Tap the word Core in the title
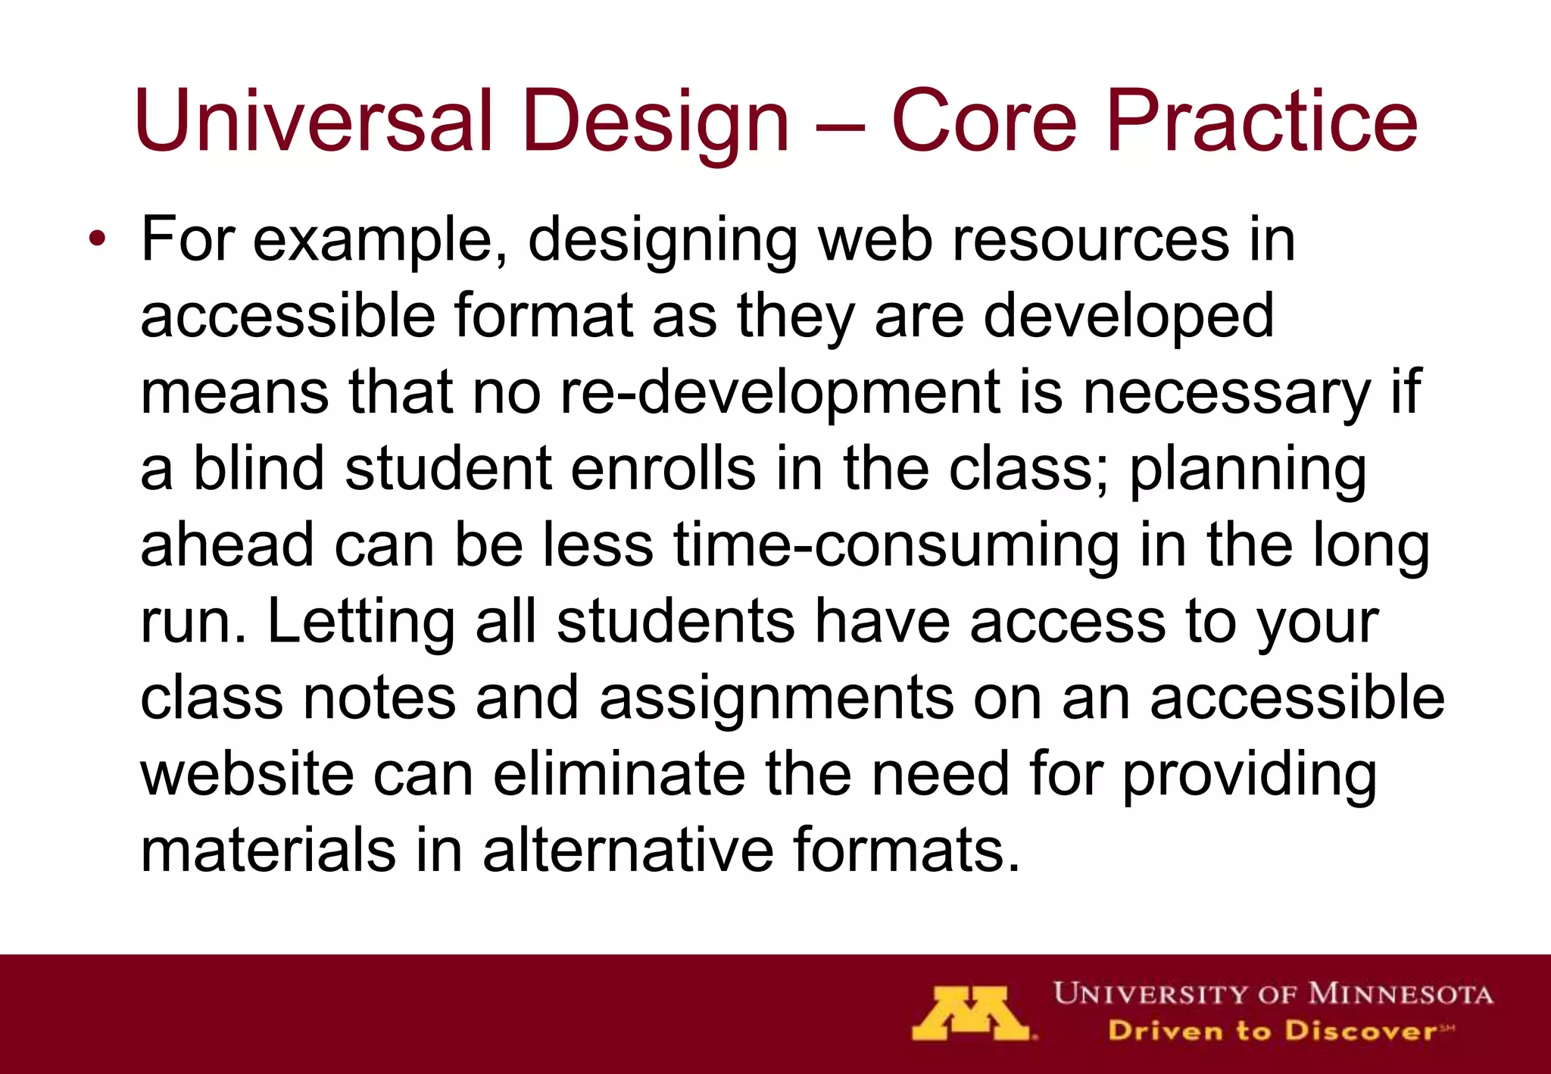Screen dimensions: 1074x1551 click(x=983, y=121)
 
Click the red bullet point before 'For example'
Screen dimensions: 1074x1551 click(x=96, y=239)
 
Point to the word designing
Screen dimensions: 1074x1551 click(x=663, y=241)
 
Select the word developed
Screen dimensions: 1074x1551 click(x=1128, y=317)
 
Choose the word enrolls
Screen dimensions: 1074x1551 click(x=663, y=469)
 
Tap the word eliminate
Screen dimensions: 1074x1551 click(x=619, y=774)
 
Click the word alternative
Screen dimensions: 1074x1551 click(x=628, y=851)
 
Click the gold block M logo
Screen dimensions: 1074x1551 click(x=970, y=1013)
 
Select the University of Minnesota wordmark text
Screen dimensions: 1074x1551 click(x=1273, y=994)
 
